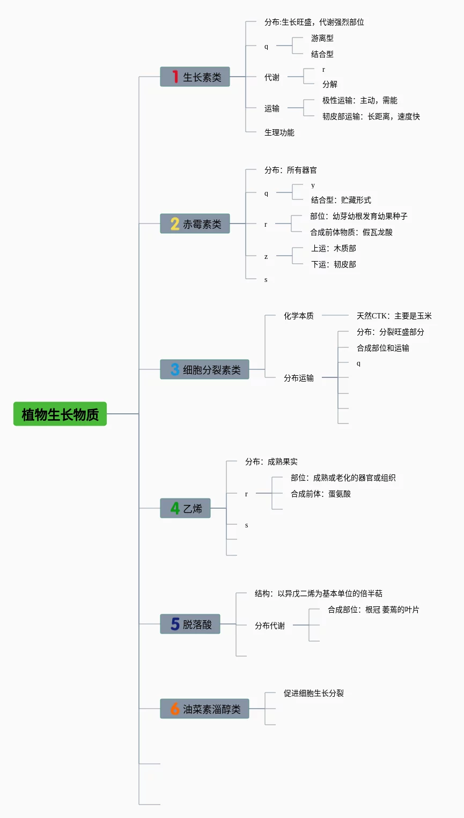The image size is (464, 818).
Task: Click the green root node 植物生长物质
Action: coord(60,414)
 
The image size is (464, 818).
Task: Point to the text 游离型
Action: coord(322,38)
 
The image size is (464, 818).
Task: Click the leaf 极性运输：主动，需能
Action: coord(359,100)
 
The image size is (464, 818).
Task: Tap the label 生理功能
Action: coord(279,132)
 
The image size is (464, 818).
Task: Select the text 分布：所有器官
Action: coord(290,170)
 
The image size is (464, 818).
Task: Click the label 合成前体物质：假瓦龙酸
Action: coord(351,232)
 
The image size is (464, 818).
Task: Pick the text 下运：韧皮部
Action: coord(333,264)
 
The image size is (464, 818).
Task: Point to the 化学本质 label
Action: coord(299,316)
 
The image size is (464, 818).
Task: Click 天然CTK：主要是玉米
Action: coord(394,316)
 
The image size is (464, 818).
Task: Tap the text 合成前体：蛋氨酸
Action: coord(321,494)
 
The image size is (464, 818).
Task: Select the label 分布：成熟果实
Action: coord(271,462)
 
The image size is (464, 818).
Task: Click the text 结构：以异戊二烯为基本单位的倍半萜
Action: coord(318,593)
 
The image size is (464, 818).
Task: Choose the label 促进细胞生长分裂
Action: coord(313,693)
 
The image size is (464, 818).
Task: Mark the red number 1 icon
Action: coord(175,77)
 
